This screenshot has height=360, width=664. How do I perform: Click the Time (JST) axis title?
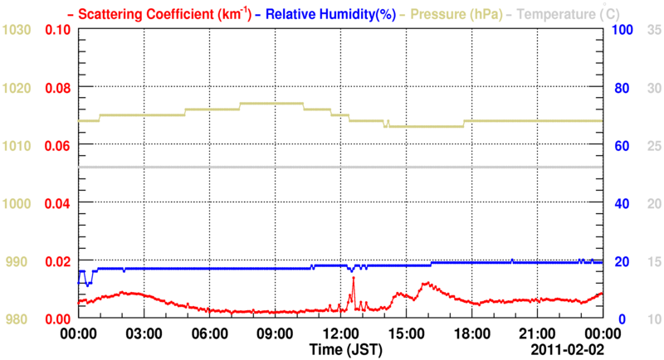346,350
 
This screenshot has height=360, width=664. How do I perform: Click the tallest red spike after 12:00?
353,279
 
